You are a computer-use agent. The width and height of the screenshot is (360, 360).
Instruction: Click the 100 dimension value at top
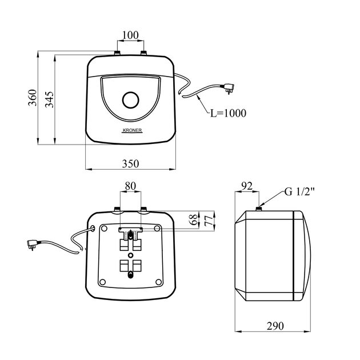pos(130,35)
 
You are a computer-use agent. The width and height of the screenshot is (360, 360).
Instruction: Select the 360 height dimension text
pos(33,98)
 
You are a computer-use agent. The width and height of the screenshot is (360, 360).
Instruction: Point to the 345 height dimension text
pos(49,99)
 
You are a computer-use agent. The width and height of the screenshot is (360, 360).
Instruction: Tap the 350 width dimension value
pos(130,163)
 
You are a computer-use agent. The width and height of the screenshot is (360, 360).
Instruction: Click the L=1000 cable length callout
pos(228,113)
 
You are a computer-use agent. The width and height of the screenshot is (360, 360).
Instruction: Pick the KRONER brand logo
pos(132,130)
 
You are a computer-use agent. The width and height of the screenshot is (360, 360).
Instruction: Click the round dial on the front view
pos(131,100)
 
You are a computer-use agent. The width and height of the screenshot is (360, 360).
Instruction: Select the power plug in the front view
pos(227,89)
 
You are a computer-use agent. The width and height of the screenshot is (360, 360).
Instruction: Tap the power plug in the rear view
pos(33,245)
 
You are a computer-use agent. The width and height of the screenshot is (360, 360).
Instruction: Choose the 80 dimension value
pos(130,186)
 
